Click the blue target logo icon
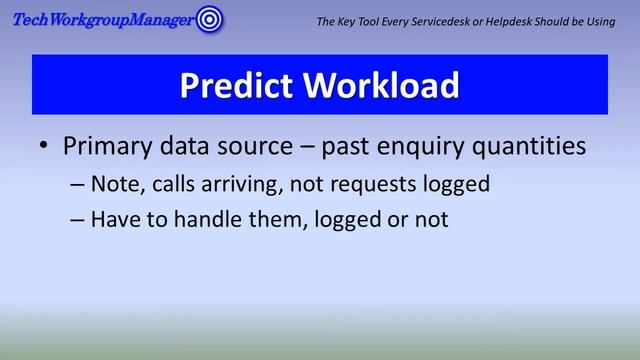pos(208,18)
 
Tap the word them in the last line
pos(254,219)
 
